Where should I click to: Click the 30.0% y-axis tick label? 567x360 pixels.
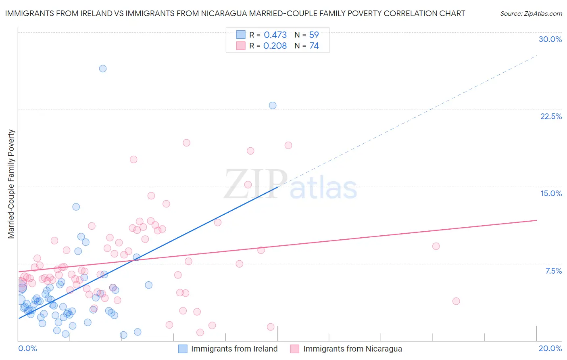[x=550, y=39]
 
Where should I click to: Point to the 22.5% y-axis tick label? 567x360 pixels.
[x=551, y=116]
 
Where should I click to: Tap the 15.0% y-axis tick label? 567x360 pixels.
[x=551, y=193]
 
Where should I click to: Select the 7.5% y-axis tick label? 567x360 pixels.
[x=553, y=271]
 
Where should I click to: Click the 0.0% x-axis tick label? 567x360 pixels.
[x=27, y=348]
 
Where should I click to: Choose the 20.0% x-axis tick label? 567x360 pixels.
[x=550, y=348]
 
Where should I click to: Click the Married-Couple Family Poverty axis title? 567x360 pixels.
[x=11, y=184]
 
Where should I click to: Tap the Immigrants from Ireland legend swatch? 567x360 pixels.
[x=183, y=349]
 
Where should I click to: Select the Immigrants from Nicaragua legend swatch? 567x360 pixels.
[x=295, y=349]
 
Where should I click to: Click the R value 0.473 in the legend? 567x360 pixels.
[x=275, y=35]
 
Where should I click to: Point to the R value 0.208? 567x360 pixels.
[x=275, y=46]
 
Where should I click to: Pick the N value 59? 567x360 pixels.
[x=314, y=35]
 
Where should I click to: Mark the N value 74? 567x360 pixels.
[x=314, y=46]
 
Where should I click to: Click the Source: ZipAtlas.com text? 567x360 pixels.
[x=531, y=14]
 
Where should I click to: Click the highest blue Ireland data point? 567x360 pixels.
[x=103, y=69]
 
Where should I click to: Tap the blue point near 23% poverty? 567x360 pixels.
[x=273, y=105]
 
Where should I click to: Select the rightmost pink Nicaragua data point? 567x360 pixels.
[x=456, y=301]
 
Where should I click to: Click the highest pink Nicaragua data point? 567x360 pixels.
[x=186, y=143]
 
